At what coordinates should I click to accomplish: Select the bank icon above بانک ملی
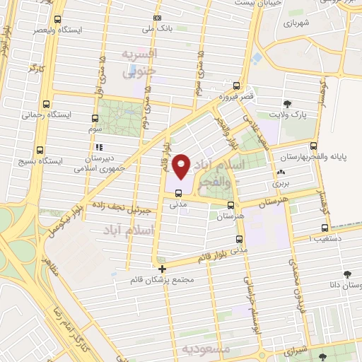point(157,18)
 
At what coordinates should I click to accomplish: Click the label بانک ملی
point(157,29)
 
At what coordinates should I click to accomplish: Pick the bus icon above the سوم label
point(95,118)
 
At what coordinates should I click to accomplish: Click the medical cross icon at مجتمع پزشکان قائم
point(163,268)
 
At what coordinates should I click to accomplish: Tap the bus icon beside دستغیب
point(325,228)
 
